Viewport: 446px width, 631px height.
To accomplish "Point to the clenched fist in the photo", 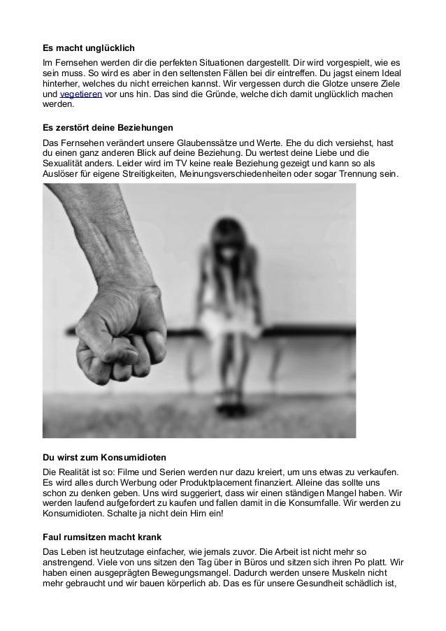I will (x=119, y=321).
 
